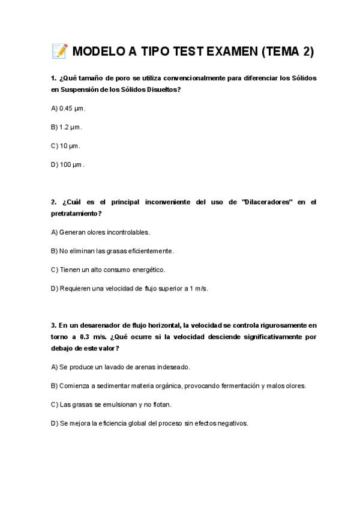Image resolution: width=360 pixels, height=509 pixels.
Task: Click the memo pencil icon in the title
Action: click(x=59, y=51)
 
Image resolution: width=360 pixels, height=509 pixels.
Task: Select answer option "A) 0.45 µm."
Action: click(x=68, y=108)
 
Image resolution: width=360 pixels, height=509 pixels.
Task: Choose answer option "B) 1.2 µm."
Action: click(x=67, y=127)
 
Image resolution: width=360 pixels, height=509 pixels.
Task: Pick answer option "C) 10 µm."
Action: click(x=65, y=145)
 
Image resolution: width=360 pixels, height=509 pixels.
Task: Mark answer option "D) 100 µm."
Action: click(x=68, y=164)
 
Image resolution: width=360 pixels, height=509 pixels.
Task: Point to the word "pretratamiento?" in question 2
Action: click(x=76, y=213)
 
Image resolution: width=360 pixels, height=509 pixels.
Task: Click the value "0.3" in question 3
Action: click(x=84, y=337)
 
